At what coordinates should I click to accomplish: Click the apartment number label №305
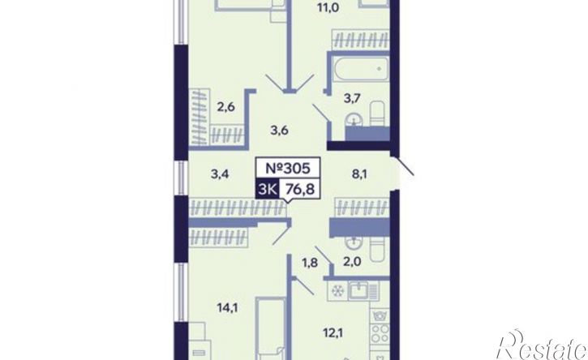click(288, 168)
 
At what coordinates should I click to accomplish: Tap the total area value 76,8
click(299, 188)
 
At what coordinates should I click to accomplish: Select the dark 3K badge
click(267, 188)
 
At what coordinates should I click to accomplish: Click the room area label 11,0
click(326, 7)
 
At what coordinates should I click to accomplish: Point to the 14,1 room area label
click(228, 308)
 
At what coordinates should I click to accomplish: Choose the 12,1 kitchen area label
click(333, 332)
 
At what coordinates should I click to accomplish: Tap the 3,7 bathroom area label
click(352, 99)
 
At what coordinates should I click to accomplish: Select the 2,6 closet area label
click(226, 107)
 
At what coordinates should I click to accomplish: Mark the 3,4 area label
click(220, 174)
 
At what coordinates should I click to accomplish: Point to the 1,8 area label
click(310, 263)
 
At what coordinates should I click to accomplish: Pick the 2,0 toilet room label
click(352, 261)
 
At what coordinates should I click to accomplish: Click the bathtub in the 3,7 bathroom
click(360, 69)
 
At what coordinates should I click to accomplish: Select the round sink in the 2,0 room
click(354, 243)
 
